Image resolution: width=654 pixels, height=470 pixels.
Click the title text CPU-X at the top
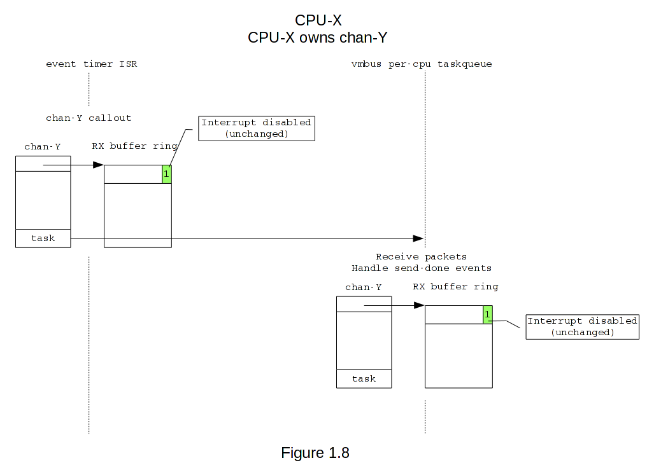318,20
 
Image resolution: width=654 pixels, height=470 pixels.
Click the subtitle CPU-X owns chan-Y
318,38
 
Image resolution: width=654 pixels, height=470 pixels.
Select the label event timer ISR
91,64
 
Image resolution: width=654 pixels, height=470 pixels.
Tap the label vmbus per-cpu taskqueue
422,64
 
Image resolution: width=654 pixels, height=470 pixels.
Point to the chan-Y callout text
89,118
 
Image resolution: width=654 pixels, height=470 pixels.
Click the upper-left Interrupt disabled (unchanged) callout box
256,128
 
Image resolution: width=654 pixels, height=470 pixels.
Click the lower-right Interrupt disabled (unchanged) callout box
582,327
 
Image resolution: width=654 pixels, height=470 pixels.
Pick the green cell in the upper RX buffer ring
167,174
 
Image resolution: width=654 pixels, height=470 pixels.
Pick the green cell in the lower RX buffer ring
488,314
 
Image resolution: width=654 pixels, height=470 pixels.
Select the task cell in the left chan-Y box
43,238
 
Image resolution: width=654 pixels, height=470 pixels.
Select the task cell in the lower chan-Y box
364,379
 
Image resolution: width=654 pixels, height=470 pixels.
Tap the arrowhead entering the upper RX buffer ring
99,165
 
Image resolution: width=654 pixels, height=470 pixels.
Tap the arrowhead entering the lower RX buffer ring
420,305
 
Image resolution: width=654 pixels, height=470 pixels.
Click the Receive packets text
421,257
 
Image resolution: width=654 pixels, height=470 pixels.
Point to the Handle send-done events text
421,268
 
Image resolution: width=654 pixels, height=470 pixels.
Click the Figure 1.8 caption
315,453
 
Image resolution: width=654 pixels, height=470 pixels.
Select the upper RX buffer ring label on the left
135,146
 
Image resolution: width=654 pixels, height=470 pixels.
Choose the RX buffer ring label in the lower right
455,287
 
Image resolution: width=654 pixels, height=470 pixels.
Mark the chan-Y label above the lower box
364,287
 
